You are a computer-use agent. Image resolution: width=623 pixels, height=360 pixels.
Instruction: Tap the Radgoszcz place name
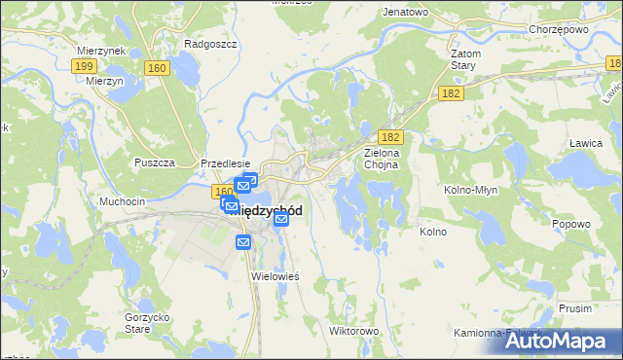coord(206,44)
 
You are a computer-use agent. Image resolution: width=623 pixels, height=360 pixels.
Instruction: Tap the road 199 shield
coord(83,66)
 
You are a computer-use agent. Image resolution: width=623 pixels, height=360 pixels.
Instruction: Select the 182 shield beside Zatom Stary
coord(450,91)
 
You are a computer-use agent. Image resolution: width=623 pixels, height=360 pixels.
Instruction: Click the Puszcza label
coord(154,162)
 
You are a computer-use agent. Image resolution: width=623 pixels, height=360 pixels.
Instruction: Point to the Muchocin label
coord(123,201)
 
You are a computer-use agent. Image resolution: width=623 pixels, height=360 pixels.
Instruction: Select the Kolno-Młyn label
coord(471,190)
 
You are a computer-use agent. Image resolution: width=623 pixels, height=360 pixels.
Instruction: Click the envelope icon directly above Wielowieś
coord(243,241)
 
